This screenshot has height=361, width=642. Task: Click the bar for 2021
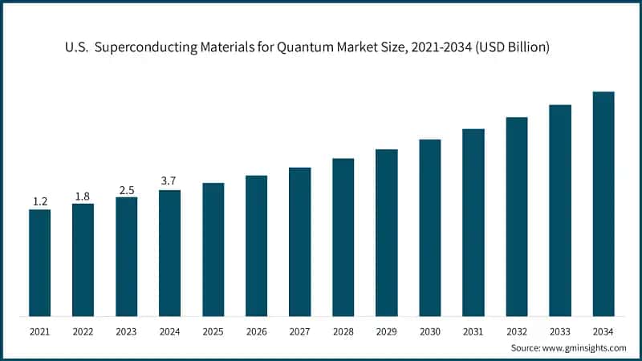(39, 262)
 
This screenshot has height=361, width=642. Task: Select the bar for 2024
(169, 253)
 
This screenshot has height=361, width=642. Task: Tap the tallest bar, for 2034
(603, 204)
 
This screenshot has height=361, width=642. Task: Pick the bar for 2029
(386, 233)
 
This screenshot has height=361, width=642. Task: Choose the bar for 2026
(256, 245)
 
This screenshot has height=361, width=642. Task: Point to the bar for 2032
(516, 217)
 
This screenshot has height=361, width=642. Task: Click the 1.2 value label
(39, 201)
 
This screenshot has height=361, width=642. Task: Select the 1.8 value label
(83, 195)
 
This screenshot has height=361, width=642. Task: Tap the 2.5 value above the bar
(126, 189)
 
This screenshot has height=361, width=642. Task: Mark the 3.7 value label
(169, 181)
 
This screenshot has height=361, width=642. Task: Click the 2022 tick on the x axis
(83, 330)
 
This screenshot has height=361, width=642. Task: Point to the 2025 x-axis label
(213, 330)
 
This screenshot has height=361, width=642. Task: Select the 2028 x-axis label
(343, 330)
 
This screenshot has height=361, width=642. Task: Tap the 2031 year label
(473, 330)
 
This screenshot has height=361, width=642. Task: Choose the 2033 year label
(559, 330)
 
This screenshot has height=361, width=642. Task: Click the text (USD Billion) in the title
(509, 48)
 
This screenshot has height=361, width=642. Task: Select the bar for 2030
(429, 228)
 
